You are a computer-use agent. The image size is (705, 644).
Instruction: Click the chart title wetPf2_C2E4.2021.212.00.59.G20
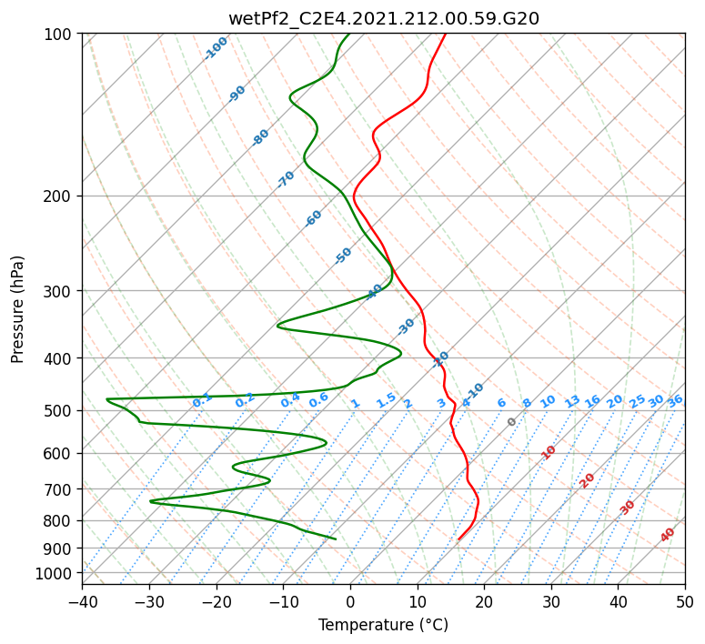(x=383, y=18)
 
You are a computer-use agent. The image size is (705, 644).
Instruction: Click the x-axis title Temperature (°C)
(x=383, y=625)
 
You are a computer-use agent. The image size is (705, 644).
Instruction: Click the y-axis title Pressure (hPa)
(x=18, y=309)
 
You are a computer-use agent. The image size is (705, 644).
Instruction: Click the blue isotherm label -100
(x=216, y=48)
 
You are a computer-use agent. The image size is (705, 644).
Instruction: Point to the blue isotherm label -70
(x=286, y=179)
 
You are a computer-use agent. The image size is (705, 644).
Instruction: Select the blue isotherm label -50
(x=343, y=256)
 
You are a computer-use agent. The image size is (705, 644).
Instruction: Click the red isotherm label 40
(x=668, y=535)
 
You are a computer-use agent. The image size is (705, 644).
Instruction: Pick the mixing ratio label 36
(x=675, y=400)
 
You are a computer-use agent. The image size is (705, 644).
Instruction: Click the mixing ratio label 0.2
(x=245, y=400)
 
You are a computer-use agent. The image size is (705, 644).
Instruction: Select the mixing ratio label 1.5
(x=386, y=400)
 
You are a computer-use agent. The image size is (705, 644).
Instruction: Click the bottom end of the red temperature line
(x=458, y=539)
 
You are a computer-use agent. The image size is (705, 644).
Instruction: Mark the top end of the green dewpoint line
(x=349, y=34)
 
